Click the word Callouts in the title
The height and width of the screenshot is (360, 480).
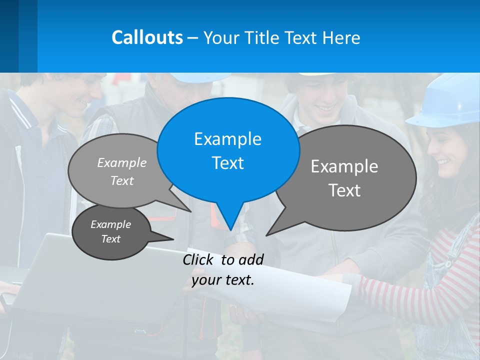click(147, 37)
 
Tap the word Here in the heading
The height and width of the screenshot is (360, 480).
click(341, 38)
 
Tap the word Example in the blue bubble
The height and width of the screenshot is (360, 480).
click(227, 139)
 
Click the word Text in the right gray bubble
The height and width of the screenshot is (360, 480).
click(344, 190)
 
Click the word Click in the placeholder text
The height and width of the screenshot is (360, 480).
click(199, 259)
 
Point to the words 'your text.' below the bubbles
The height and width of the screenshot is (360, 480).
click(223, 280)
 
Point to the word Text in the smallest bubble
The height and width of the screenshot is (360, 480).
click(110, 239)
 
